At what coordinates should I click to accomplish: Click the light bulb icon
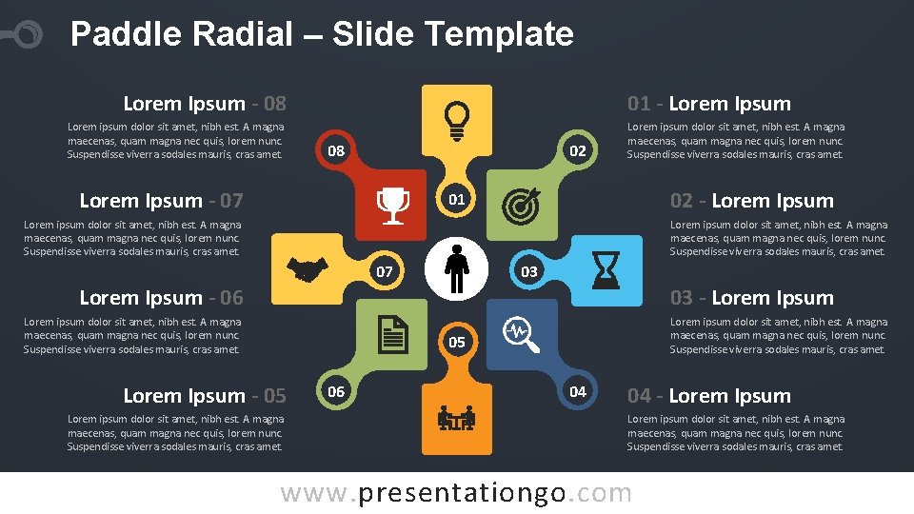point(457,118)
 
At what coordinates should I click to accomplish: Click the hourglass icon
point(606,269)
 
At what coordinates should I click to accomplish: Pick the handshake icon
point(308,269)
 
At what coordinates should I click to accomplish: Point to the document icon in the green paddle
point(392,333)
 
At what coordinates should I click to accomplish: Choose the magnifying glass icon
point(521,334)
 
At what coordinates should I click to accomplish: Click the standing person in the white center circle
point(457,269)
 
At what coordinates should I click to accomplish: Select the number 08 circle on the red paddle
point(335,150)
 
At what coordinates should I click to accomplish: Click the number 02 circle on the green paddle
point(577,150)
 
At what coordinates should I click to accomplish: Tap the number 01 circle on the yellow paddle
point(457,199)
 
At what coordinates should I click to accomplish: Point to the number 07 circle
point(385,271)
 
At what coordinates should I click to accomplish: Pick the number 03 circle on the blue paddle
point(529,271)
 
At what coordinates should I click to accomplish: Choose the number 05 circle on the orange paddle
point(457,342)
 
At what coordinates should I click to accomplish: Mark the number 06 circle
point(336,391)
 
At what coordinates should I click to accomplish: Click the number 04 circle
point(577,391)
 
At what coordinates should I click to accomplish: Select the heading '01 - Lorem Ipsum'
point(708,104)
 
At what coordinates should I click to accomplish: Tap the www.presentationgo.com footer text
point(456,493)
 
